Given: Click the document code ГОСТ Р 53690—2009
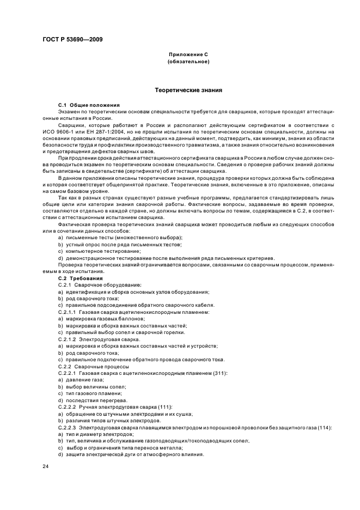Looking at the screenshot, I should click(x=72, y=39).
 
